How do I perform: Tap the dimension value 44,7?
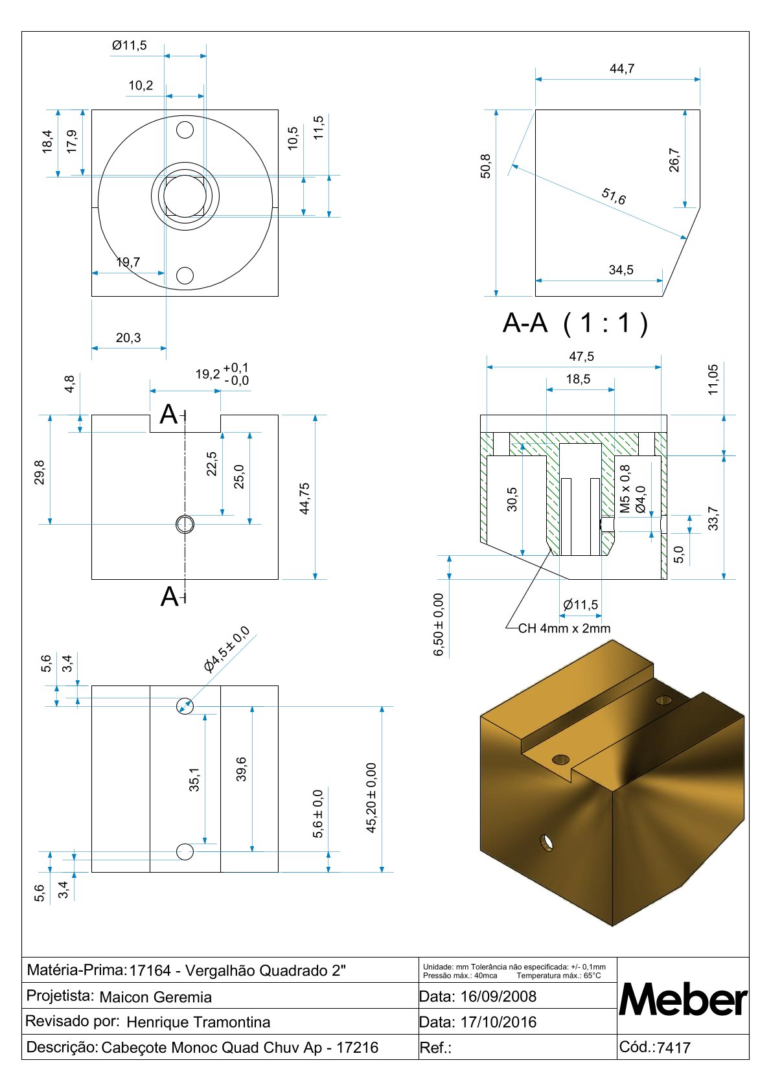click(622, 69)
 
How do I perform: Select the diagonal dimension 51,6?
click(614, 196)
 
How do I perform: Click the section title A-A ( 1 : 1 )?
click(575, 323)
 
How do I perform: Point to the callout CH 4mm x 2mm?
click(564, 628)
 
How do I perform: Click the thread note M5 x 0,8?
click(625, 489)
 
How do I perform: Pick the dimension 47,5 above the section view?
click(581, 356)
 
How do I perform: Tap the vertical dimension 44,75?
click(305, 498)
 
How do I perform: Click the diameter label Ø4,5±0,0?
click(226, 649)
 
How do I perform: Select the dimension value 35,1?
click(194, 779)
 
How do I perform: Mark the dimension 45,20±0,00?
click(371, 798)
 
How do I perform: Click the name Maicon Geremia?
click(155, 997)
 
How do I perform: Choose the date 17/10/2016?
click(498, 1022)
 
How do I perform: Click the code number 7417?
click(674, 1048)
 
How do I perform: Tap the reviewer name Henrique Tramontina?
click(198, 1022)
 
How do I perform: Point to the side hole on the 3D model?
click(547, 843)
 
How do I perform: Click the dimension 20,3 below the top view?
click(128, 338)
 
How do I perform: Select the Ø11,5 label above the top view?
click(130, 45)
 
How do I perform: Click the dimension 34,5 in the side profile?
click(621, 270)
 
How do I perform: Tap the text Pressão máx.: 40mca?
click(460, 976)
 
